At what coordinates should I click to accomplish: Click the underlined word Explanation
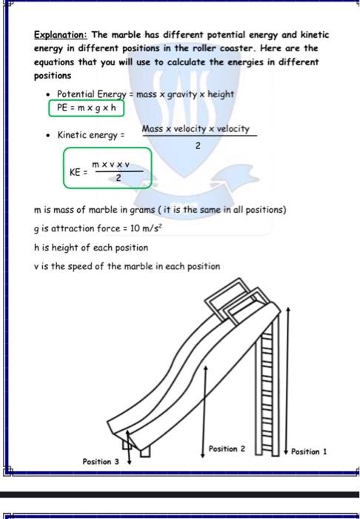point(60,35)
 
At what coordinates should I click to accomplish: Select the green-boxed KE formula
point(107,170)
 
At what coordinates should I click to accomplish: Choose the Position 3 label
point(101,461)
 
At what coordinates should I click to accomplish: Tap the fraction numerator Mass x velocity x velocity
point(196,129)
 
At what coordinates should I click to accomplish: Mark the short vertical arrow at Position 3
point(129,450)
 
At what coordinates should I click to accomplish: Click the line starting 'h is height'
point(81,248)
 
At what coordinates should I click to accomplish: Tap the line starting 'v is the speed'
point(127,266)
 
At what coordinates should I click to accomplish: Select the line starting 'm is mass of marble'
point(159,210)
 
